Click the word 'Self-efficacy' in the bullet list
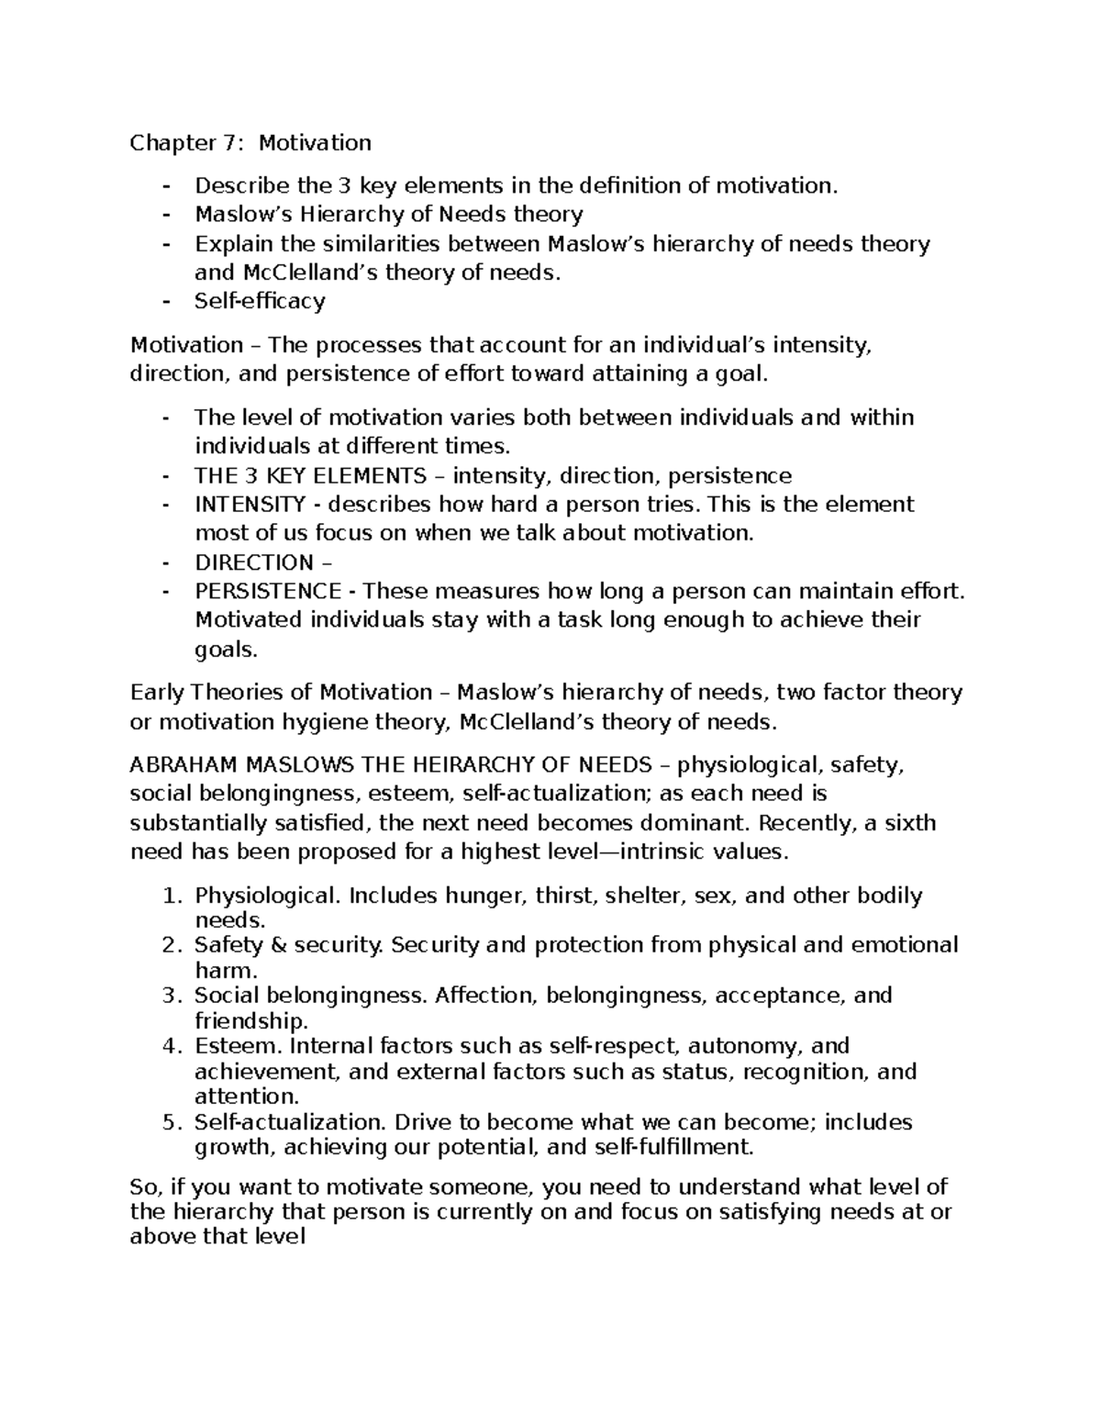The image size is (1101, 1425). [260, 301]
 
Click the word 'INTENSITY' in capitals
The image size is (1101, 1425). [250, 505]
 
